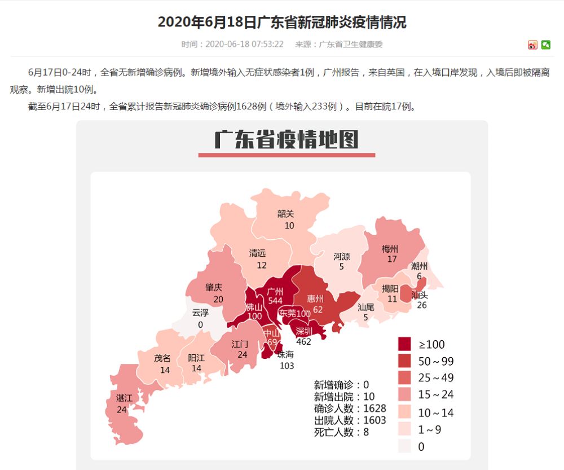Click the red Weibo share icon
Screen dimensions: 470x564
click(x=533, y=45)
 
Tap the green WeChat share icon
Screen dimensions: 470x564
click(x=545, y=45)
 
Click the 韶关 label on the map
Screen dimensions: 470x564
click(x=286, y=214)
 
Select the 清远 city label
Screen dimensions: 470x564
click(x=258, y=253)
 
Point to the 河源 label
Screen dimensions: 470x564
click(x=342, y=256)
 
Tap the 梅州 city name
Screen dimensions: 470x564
click(x=390, y=249)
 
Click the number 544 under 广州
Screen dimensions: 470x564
click(x=275, y=301)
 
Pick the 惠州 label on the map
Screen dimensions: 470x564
click(x=315, y=298)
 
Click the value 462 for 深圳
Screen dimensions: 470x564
click(x=303, y=341)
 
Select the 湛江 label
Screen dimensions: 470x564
click(x=124, y=398)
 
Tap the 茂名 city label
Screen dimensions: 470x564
click(x=162, y=358)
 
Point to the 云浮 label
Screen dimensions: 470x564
click(x=200, y=313)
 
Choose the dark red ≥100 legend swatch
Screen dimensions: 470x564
click(x=405, y=344)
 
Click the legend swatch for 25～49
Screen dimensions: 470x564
click(x=405, y=378)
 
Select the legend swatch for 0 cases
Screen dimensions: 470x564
click(x=405, y=446)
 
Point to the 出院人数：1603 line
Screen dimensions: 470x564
click(x=350, y=420)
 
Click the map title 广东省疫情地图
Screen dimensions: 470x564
click(x=287, y=140)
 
